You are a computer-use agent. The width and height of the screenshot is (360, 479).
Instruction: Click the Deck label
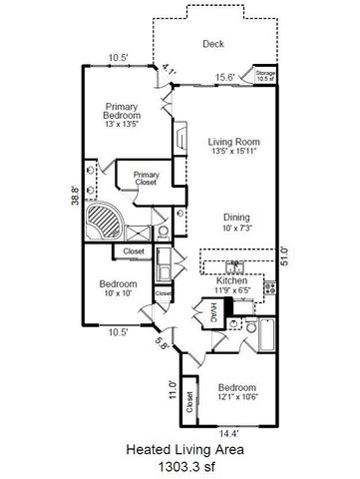point(213,44)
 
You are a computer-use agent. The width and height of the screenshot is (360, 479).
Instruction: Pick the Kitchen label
point(231,281)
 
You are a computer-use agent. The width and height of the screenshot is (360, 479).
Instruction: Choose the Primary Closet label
point(147,179)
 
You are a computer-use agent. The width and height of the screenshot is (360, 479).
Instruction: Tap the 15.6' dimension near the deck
point(225,78)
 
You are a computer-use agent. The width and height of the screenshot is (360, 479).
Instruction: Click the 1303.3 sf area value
point(180,465)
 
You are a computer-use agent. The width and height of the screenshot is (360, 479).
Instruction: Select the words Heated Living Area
point(180,450)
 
